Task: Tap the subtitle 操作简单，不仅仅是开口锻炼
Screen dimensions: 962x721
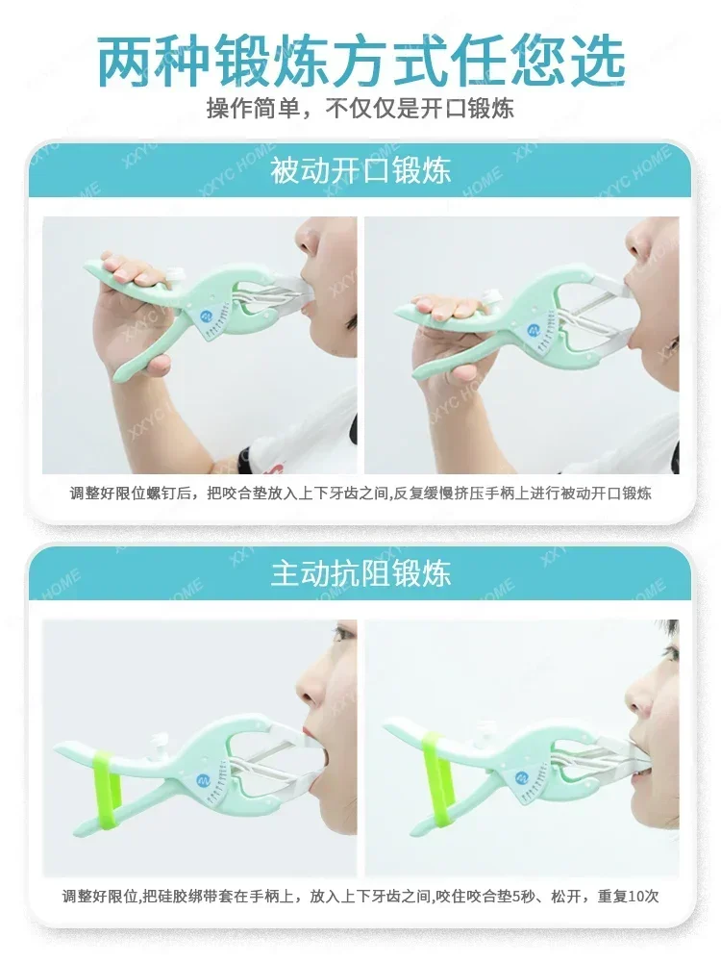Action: click(360, 108)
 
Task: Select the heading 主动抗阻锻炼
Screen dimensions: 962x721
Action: click(360, 574)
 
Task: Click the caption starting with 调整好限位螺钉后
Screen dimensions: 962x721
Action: click(360, 494)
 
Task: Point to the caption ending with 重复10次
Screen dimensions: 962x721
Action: click(360, 897)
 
